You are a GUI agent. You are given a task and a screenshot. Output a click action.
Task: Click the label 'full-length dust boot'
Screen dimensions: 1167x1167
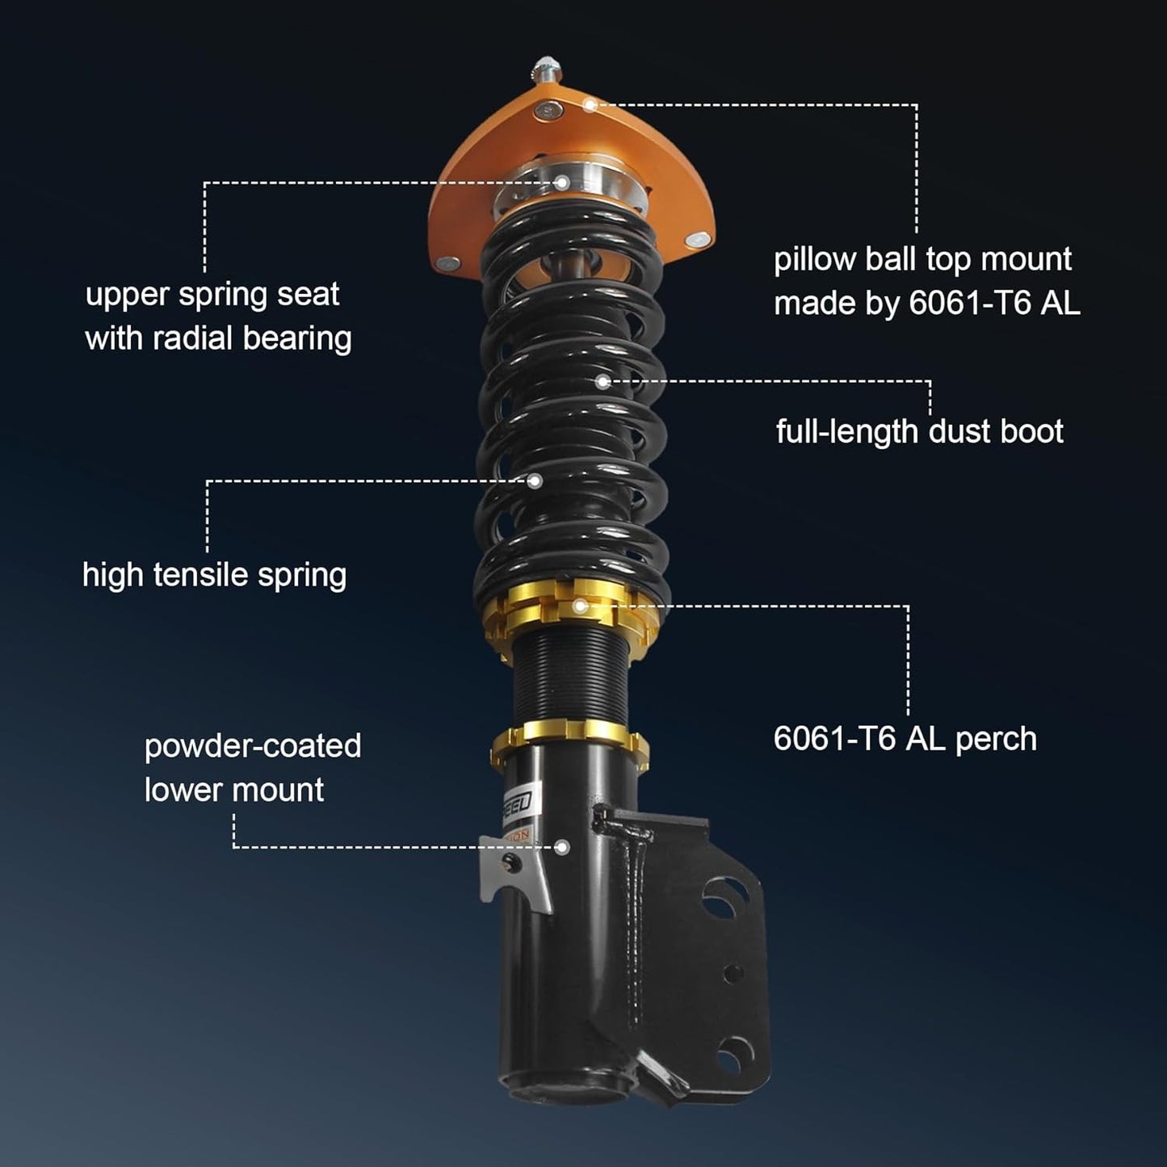[x=919, y=431]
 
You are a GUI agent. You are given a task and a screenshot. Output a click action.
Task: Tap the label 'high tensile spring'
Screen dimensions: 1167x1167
[x=214, y=575]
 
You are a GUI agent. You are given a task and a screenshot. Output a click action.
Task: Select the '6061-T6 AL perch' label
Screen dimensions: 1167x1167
[x=905, y=738]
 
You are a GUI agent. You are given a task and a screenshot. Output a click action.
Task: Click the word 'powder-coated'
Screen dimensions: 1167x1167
[x=253, y=746]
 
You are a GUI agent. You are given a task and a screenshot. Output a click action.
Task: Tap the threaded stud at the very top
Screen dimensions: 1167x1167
[x=545, y=68]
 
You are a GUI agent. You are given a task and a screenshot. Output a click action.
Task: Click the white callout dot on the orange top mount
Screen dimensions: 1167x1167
[x=591, y=104]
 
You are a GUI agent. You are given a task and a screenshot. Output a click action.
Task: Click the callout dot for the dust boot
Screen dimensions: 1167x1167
[x=602, y=381]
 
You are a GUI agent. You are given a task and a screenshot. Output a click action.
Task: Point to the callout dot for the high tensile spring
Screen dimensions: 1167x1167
[x=535, y=481]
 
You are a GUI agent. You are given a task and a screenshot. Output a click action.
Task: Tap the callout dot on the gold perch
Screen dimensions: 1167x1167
[x=579, y=605]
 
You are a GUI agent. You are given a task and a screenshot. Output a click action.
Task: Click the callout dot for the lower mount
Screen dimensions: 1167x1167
[x=562, y=847]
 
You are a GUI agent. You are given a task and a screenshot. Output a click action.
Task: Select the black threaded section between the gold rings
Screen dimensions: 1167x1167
[x=565, y=678]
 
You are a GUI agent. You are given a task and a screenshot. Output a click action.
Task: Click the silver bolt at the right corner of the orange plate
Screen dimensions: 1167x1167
[x=699, y=238]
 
